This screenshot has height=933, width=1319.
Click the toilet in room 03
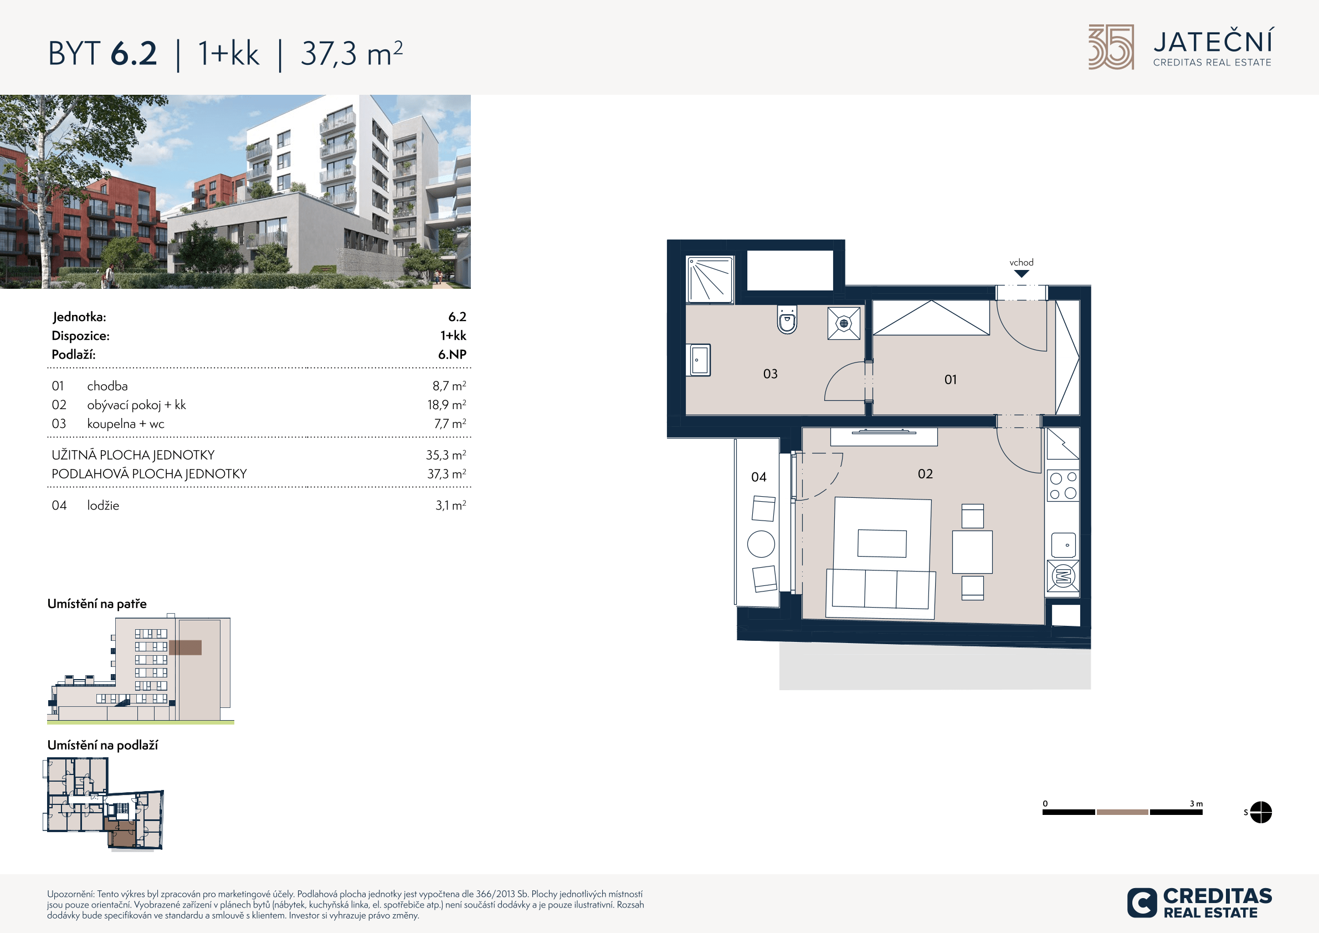pyautogui.click(x=787, y=319)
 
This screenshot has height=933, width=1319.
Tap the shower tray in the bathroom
pyautogui.click(x=710, y=279)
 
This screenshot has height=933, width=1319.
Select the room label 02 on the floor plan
pyautogui.click(x=925, y=473)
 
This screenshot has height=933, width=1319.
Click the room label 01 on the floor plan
pyautogui.click(x=950, y=379)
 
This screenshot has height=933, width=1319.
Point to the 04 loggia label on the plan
pyautogui.click(x=758, y=477)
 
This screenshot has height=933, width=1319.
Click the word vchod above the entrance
pyautogui.click(x=1021, y=262)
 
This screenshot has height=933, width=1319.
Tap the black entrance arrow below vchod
pyautogui.click(x=1021, y=274)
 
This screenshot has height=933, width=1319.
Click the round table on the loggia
pyautogui.click(x=761, y=544)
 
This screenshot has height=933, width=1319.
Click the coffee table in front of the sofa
pyautogui.click(x=882, y=543)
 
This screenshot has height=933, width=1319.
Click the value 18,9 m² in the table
pyautogui.click(x=446, y=405)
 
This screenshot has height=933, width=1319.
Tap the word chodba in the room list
pyautogui.click(x=107, y=386)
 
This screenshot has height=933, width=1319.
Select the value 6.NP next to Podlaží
pyautogui.click(x=452, y=354)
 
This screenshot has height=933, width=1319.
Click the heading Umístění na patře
pyautogui.click(x=97, y=604)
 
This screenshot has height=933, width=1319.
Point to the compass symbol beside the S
pyautogui.click(x=1260, y=812)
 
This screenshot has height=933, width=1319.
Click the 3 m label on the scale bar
pyautogui.click(x=1196, y=804)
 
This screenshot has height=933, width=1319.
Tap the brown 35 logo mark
pyautogui.click(x=1111, y=47)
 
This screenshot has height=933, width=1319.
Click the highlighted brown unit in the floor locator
pyautogui.click(x=122, y=833)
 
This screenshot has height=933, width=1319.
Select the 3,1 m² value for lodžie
pyautogui.click(x=450, y=505)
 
